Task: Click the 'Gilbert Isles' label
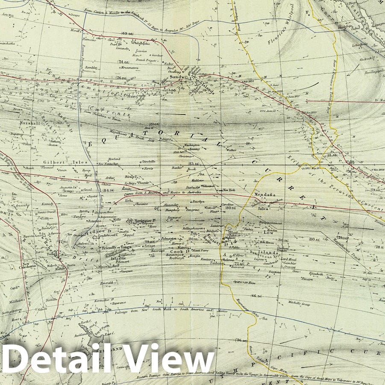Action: [60, 162]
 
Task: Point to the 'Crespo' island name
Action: [70, 15]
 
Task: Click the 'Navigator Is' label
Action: [144, 220]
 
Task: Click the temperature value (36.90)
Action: [241, 340]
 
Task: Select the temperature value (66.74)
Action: [256, 296]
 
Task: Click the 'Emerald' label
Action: [107, 282]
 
